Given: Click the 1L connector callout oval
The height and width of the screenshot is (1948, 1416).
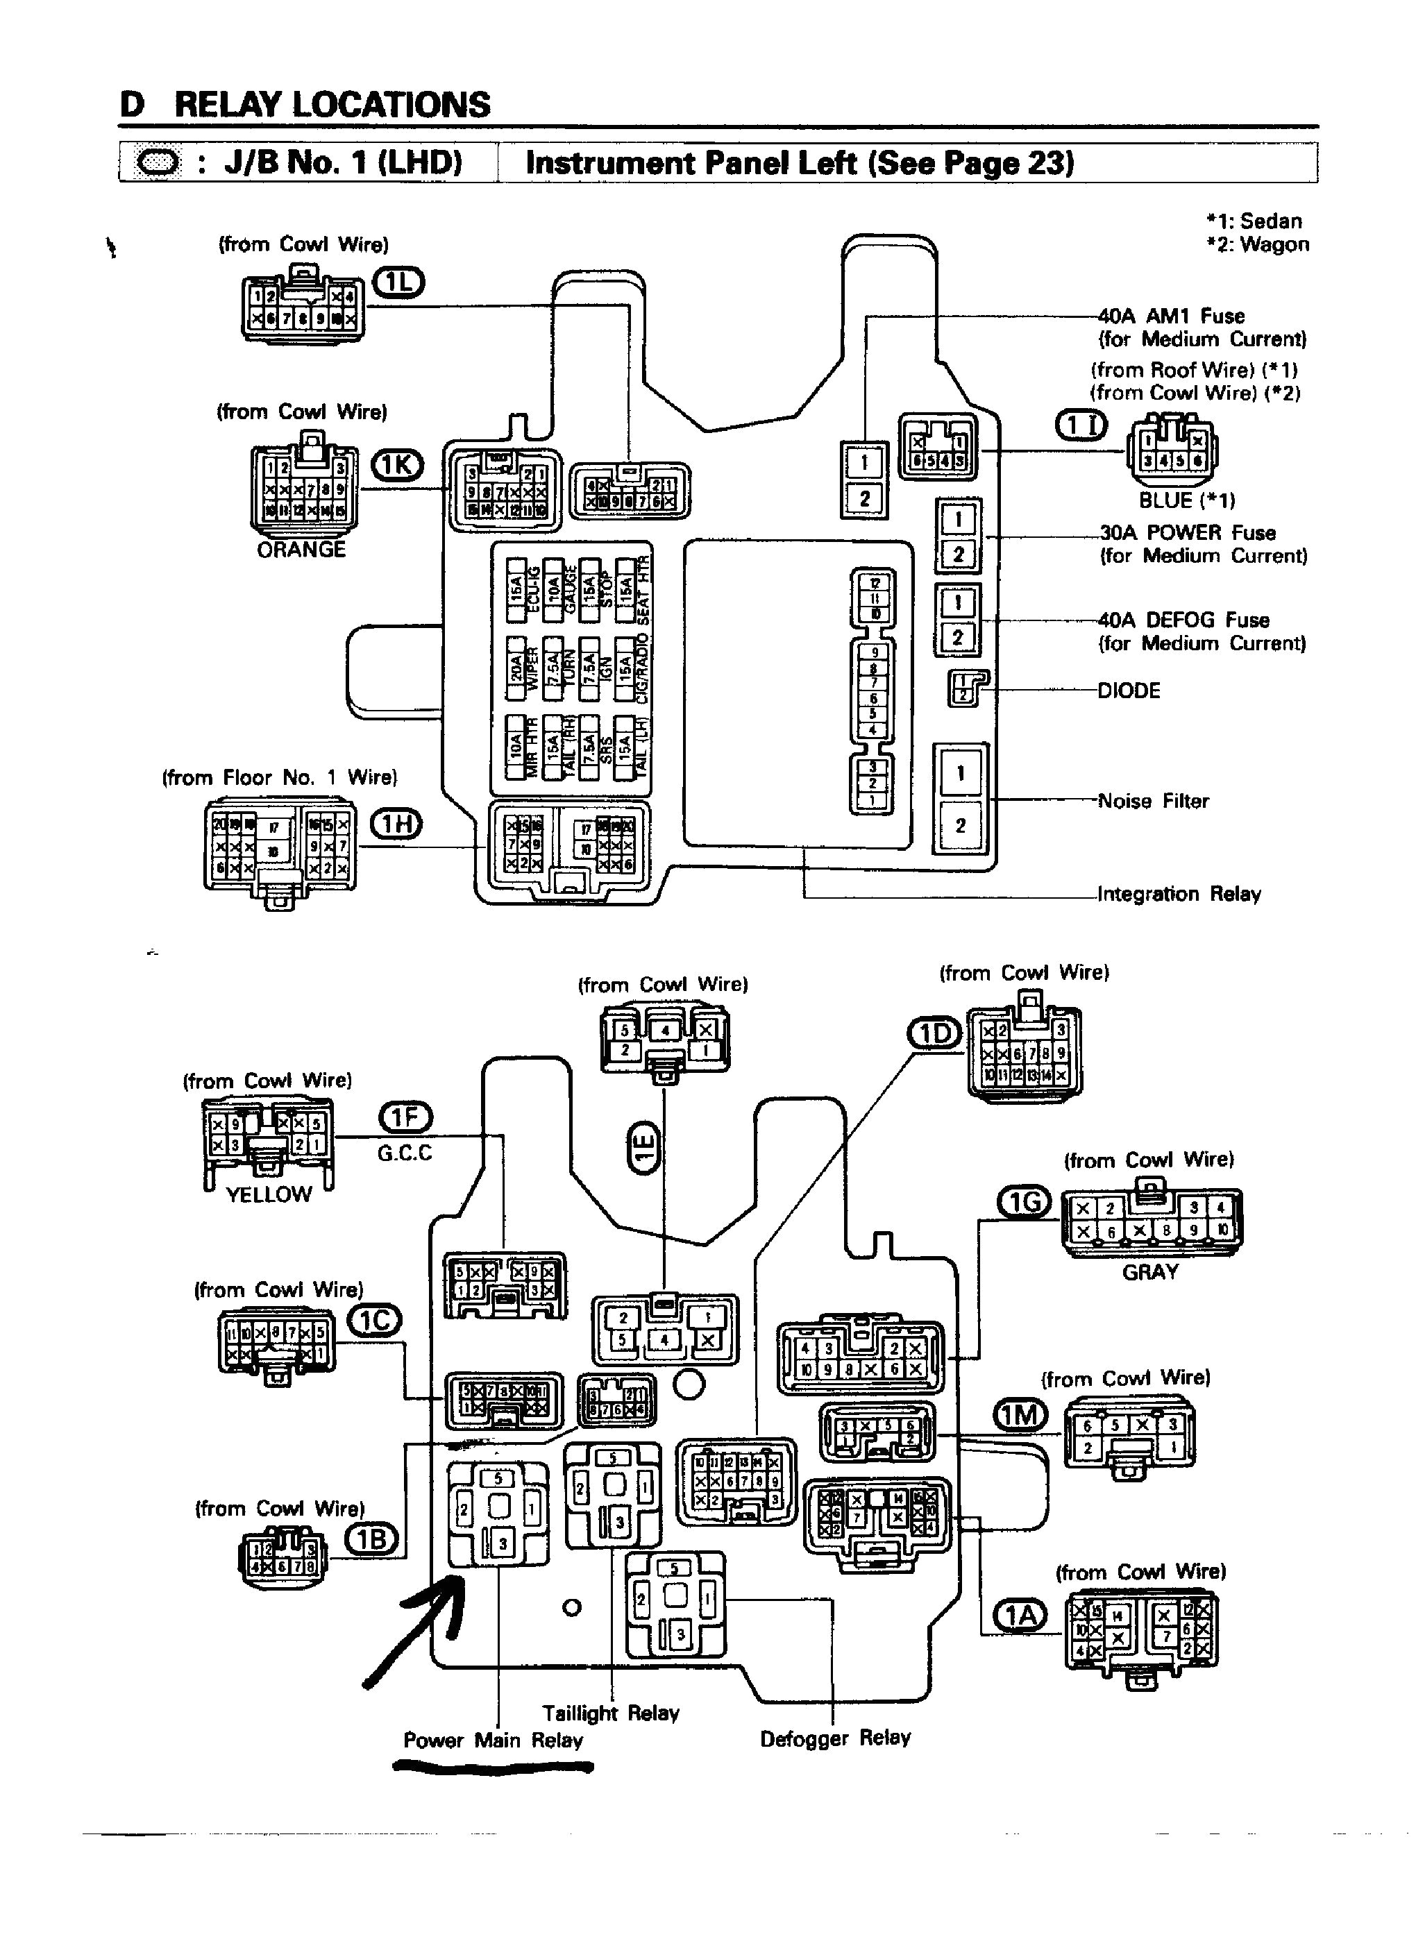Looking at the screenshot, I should click(398, 282).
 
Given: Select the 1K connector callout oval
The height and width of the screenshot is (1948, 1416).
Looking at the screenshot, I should click(396, 465).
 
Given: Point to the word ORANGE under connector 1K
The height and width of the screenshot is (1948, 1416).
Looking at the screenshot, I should click(301, 550).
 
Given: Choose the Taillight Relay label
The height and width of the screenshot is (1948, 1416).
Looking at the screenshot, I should click(610, 1713).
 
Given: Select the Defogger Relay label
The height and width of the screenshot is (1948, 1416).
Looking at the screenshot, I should click(835, 1738).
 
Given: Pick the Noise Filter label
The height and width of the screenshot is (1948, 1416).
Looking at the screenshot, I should click(1153, 800).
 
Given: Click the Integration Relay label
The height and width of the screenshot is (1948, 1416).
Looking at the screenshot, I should click(1179, 894).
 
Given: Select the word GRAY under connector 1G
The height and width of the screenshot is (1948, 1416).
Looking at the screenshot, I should click(1149, 1272).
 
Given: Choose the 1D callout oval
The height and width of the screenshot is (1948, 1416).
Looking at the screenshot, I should click(936, 1033).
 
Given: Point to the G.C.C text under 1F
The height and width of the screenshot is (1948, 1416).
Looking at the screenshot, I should click(405, 1153).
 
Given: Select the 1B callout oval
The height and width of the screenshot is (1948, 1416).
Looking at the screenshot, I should click(371, 1539).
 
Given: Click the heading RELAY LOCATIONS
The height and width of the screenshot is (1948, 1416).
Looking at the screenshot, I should click(332, 105).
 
